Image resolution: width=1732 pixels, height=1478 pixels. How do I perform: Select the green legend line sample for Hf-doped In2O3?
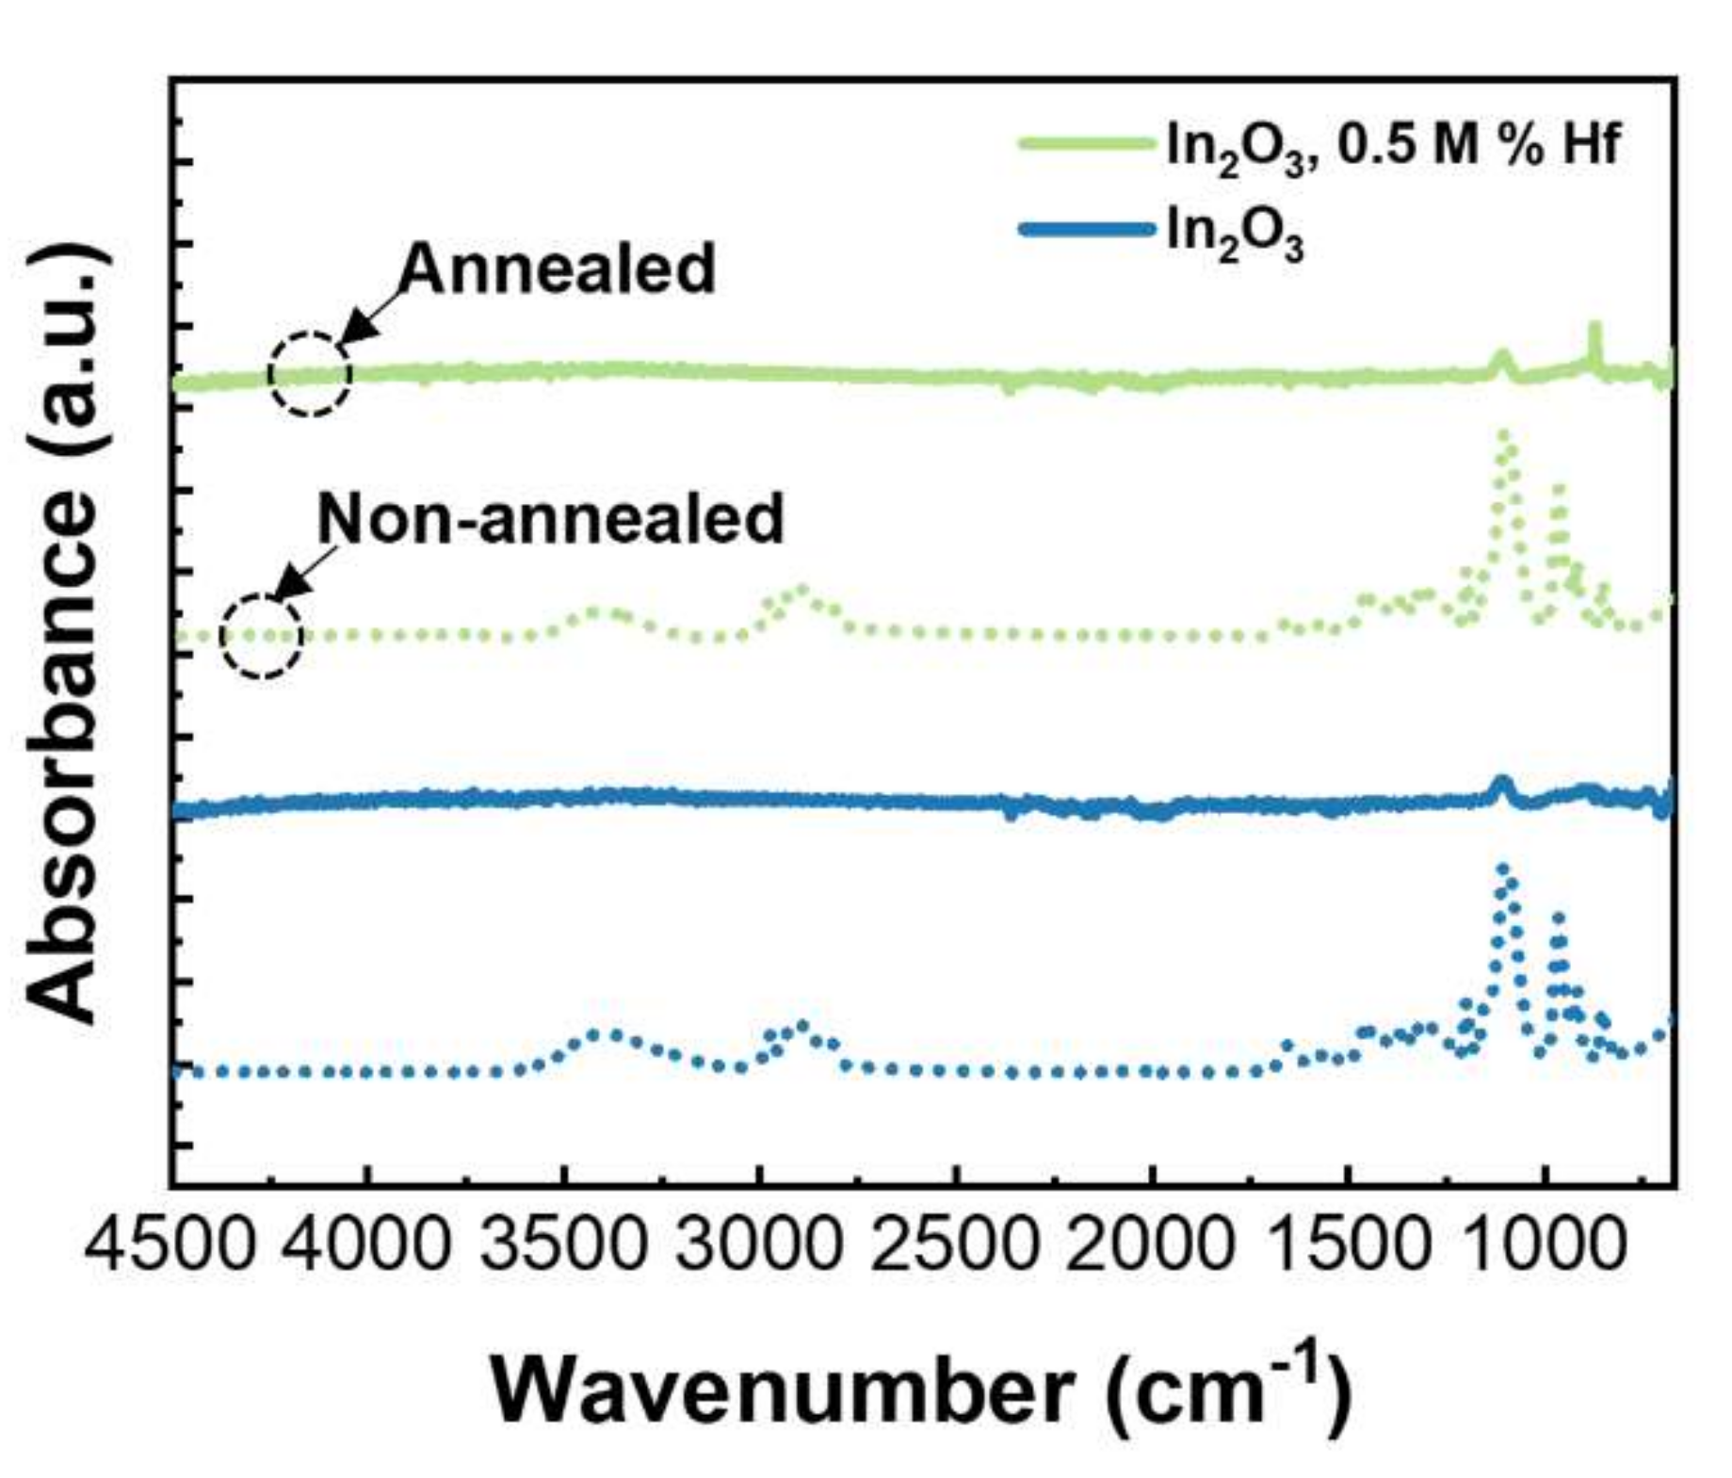coord(1085,144)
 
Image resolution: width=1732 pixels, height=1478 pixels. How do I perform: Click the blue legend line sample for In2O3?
coord(1085,229)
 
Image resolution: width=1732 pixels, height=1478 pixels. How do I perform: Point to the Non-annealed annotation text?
coord(550,519)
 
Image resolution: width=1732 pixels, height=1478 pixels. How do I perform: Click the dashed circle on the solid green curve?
coord(310,374)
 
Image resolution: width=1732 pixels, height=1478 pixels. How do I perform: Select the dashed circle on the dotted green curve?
coord(262,637)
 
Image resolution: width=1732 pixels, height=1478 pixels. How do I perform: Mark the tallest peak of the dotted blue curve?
coord(1503,869)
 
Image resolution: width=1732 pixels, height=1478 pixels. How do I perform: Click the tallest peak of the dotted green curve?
coord(1503,434)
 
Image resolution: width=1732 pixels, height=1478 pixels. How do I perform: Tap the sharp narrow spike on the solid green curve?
coord(1594,328)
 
